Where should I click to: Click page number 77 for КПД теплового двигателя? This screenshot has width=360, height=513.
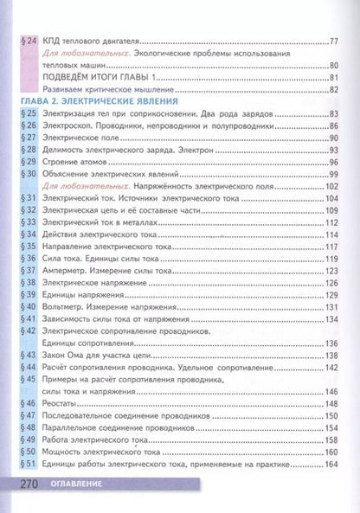(335, 41)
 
